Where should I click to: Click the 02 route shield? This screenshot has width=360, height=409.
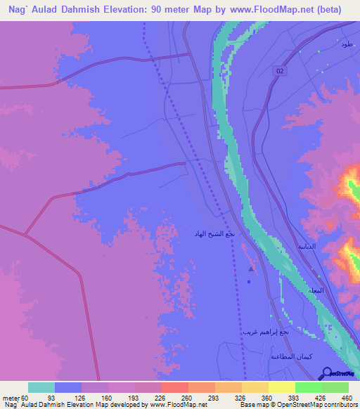280,72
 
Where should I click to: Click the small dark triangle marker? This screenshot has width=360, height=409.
250,268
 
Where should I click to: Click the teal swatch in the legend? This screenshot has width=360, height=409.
41,388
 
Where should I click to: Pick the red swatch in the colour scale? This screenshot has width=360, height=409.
174,388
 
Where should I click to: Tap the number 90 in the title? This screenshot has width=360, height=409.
150,8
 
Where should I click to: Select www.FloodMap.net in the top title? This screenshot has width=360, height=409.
269,8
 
